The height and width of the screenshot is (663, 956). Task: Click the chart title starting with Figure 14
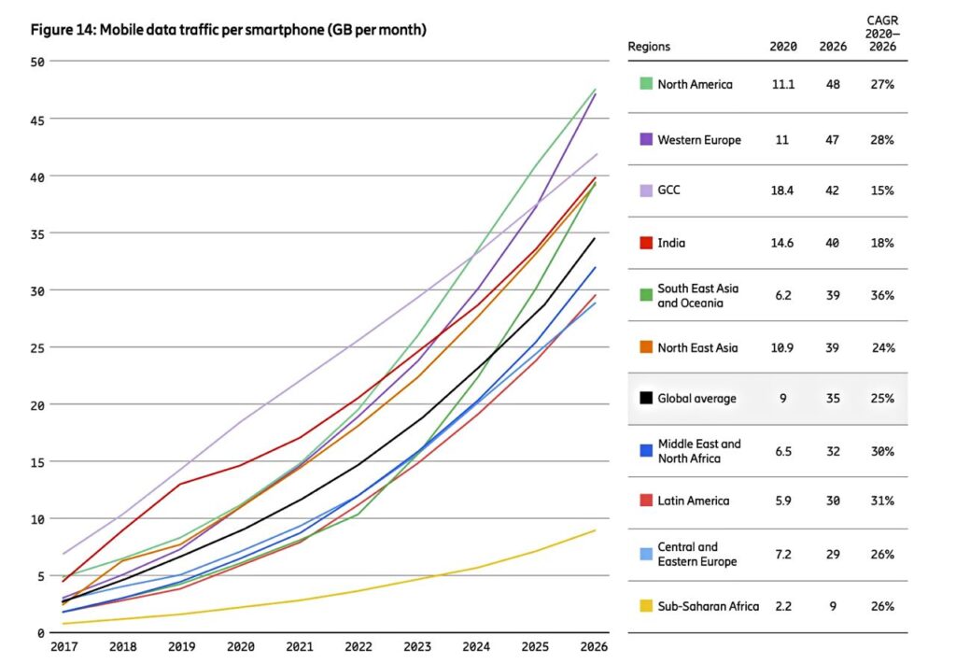click(229, 30)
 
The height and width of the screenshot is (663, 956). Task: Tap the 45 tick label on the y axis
click(38, 119)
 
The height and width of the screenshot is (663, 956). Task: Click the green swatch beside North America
click(645, 84)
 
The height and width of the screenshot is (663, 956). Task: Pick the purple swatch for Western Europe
click(645, 139)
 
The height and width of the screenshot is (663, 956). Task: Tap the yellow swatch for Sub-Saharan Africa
click(645, 606)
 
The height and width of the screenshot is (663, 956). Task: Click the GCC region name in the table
click(670, 190)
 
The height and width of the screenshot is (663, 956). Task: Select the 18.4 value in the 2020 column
click(780, 190)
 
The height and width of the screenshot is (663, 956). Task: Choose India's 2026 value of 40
click(832, 243)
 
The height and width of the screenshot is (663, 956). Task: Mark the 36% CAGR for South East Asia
click(882, 295)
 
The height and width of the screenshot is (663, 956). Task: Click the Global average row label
click(696, 399)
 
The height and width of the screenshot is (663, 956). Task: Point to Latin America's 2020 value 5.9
click(780, 501)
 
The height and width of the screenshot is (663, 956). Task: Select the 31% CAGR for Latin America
click(882, 501)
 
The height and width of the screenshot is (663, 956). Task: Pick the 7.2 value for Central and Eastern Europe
click(780, 554)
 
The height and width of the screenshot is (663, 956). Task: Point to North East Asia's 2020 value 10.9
click(780, 347)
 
